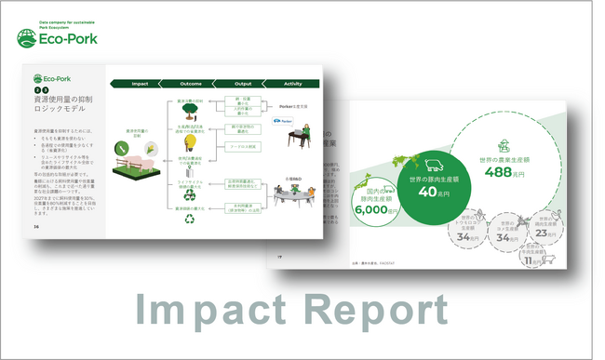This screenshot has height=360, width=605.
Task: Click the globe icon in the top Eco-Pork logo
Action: click(x=29, y=38)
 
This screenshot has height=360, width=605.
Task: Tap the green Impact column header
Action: click(x=140, y=84)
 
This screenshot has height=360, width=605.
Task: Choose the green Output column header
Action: click(x=243, y=84)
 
